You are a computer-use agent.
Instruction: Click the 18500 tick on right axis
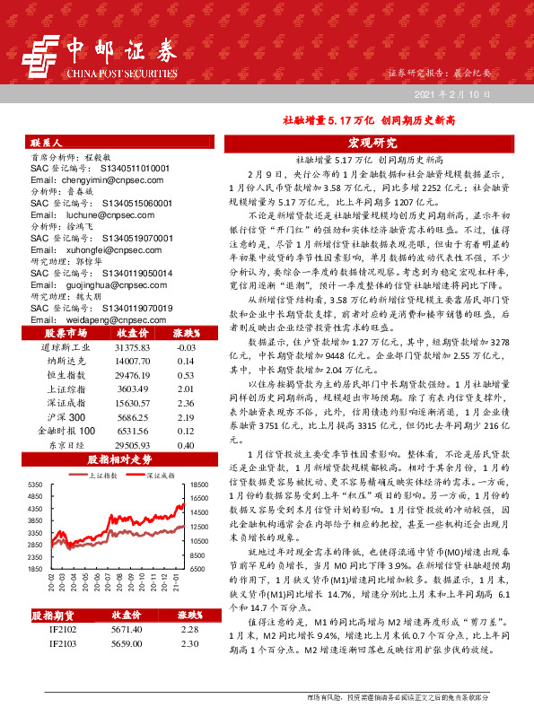click(x=198, y=484)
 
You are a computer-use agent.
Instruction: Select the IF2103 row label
click(x=63, y=644)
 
